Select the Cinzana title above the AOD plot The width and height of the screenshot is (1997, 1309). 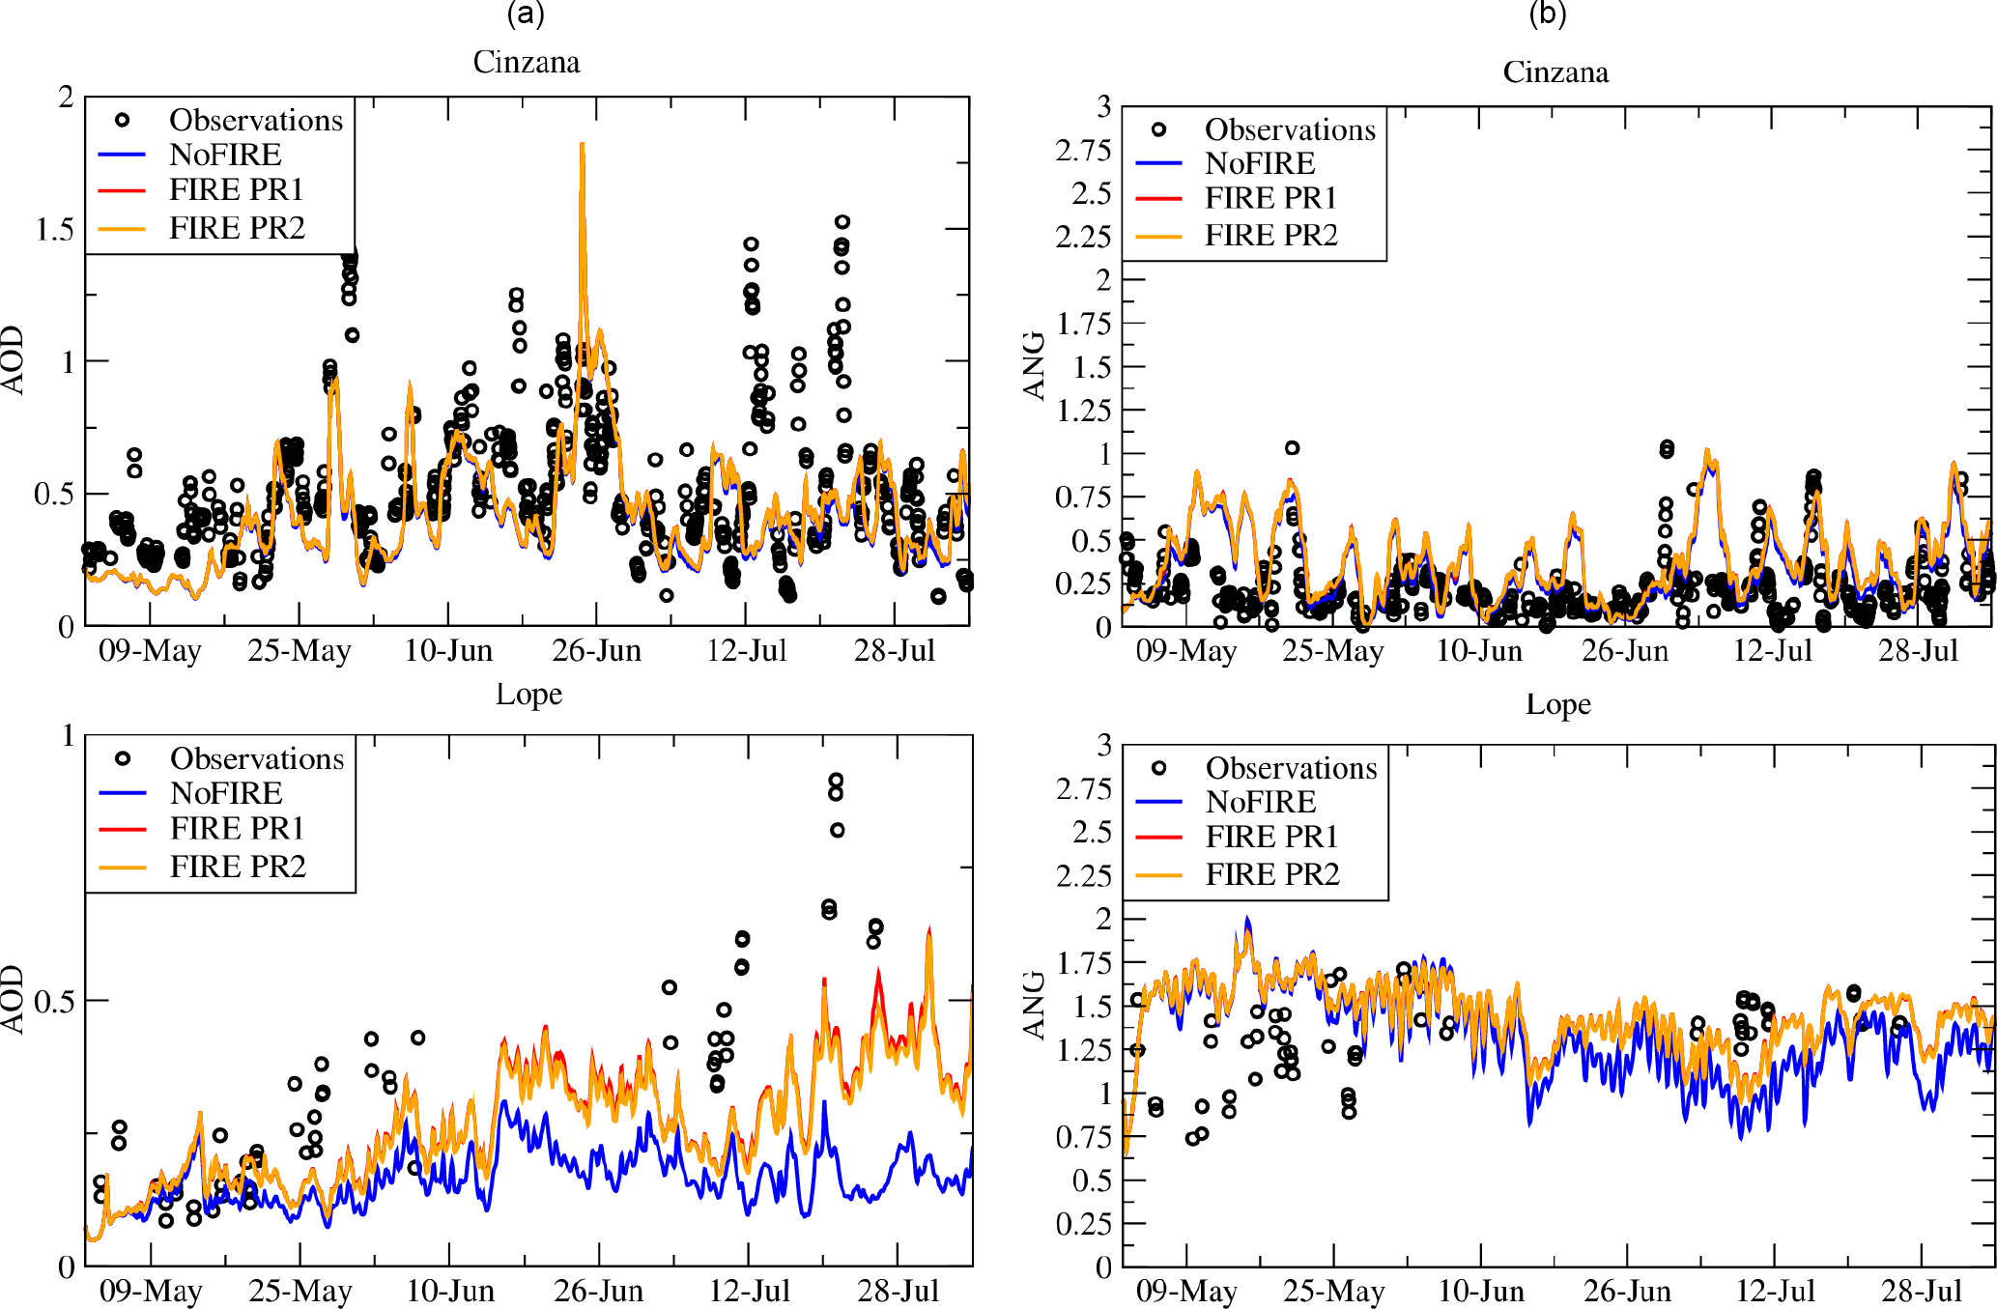[x=527, y=63]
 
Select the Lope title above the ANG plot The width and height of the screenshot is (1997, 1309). [x=1557, y=704]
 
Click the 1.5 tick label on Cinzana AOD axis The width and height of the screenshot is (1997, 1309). [x=54, y=229]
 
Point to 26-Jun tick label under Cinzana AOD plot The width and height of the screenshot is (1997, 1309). [x=597, y=650]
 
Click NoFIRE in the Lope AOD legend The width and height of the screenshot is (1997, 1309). [x=226, y=793]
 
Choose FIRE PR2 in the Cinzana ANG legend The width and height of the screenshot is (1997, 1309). [x=1270, y=235]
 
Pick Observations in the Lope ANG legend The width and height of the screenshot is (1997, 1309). [x=1291, y=768]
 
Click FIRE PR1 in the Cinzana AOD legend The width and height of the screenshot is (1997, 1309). [x=237, y=189]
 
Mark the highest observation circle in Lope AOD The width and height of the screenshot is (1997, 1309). [x=836, y=781]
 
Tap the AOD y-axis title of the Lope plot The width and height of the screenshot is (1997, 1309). [x=13, y=999]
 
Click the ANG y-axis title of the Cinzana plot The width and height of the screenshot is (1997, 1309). [x=1035, y=365]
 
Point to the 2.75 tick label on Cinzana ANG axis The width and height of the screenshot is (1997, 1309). [x=1082, y=151]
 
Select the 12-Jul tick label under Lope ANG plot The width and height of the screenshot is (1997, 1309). [x=1775, y=1291]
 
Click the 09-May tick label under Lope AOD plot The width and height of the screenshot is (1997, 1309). [x=151, y=1291]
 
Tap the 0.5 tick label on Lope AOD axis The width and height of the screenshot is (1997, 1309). [x=54, y=1001]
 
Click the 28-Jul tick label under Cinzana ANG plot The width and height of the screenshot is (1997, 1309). [x=1918, y=650]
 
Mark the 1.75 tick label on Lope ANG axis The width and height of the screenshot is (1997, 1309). [x=1083, y=962]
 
